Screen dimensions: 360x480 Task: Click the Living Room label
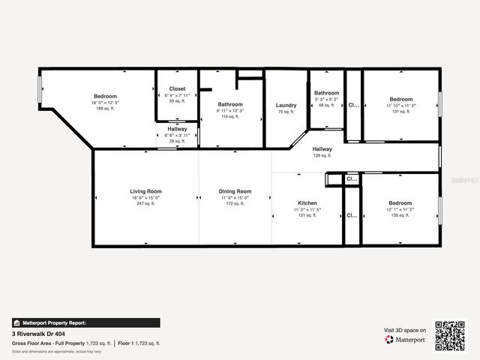(x=145, y=191)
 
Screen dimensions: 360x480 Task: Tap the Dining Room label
(x=235, y=191)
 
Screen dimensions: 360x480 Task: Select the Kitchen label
(x=307, y=203)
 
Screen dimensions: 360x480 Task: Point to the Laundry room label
(x=286, y=105)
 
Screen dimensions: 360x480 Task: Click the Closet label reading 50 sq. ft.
(x=177, y=88)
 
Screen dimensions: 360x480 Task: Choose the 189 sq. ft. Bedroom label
(x=106, y=96)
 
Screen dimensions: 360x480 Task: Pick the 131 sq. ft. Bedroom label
(x=400, y=99)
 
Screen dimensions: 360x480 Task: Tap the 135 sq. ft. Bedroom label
(x=400, y=203)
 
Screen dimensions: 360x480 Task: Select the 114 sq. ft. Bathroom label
(x=230, y=104)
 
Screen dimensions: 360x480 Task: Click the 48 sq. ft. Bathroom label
(x=327, y=93)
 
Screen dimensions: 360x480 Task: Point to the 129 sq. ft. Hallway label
(x=322, y=149)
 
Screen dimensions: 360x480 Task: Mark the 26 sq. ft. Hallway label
(x=178, y=129)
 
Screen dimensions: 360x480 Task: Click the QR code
(x=450, y=335)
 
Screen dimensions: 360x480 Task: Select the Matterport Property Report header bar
(x=85, y=322)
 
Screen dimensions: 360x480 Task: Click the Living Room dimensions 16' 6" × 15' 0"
(x=145, y=197)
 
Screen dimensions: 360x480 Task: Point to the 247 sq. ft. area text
(x=145, y=203)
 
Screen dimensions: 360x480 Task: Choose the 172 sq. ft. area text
(x=235, y=203)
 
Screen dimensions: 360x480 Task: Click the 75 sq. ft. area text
(x=286, y=111)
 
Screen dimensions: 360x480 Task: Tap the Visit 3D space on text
(x=405, y=330)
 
